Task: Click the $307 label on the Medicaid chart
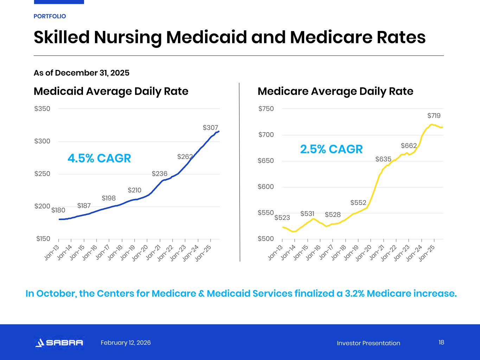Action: [210, 128]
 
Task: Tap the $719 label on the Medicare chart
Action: [434, 116]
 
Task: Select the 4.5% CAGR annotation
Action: [99, 158]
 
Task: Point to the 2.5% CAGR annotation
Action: [331, 149]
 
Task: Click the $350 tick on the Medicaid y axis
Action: [42, 109]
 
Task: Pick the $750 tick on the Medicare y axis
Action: [266, 109]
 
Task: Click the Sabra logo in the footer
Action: [59, 343]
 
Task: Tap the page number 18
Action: [441, 342]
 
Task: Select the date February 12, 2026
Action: [126, 343]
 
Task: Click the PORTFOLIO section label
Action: [50, 16]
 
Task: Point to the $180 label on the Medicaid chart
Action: [58, 210]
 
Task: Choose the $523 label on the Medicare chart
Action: [282, 218]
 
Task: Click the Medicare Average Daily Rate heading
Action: [335, 91]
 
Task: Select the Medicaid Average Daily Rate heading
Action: [111, 91]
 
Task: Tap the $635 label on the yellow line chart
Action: [383, 159]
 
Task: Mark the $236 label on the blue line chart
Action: [159, 174]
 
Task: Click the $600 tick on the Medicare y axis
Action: [266, 187]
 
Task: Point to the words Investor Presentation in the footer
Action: [368, 343]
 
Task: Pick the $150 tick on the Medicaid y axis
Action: [43, 239]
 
